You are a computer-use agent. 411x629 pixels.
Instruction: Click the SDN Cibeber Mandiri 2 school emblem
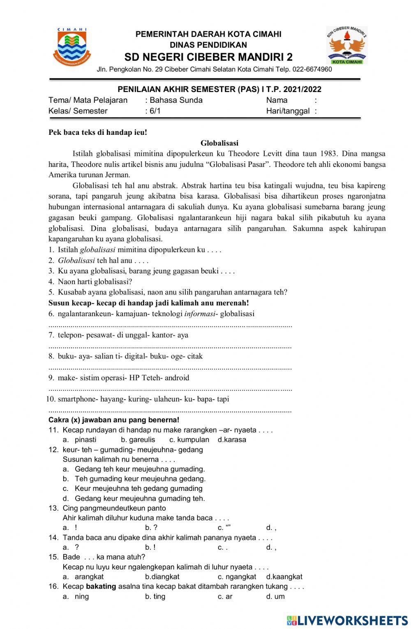(x=347, y=45)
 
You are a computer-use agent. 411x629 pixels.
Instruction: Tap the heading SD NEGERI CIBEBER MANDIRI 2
(x=208, y=57)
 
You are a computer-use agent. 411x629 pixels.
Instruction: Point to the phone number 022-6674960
(x=312, y=69)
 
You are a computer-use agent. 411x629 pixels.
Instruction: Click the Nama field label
(x=277, y=100)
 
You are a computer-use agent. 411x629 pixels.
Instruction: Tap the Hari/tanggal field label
(x=288, y=111)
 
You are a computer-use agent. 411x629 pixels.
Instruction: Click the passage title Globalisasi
(x=219, y=143)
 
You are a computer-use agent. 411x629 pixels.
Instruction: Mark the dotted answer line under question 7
(x=170, y=347)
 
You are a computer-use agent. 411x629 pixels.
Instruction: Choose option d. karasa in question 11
(x=232, y=439)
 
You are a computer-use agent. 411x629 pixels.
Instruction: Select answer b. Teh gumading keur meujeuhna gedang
(x=140, y=479)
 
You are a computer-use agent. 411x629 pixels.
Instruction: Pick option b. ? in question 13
(x=151, y=527)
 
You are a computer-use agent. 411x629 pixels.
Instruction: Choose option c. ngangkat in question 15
(x=237, y=577)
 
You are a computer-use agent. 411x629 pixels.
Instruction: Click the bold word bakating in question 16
(x=101, y=586)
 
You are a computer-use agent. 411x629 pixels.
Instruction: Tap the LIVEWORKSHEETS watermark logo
(x=347, y=620)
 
